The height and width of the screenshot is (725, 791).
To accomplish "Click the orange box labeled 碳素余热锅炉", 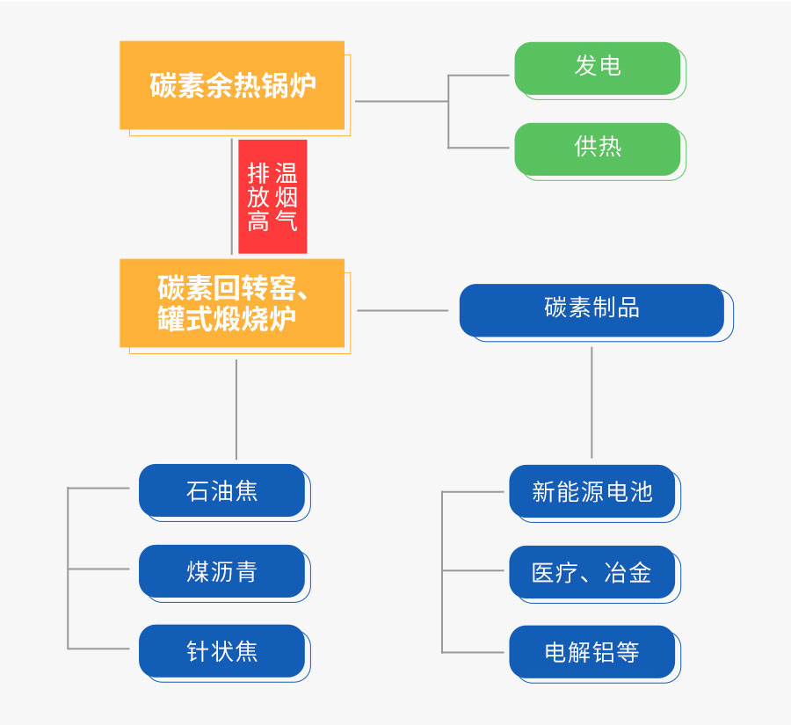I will click(232, 86).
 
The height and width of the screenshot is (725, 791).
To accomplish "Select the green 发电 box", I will click(598, 67).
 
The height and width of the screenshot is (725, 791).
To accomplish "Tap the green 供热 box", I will click(598, 148).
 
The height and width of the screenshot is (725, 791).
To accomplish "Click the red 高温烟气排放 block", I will click(272, 196).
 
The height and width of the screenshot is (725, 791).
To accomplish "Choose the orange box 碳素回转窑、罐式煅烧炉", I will click(232, 303).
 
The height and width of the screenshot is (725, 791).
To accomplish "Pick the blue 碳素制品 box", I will click(591, 309).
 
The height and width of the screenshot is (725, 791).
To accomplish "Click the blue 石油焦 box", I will click(221, 490).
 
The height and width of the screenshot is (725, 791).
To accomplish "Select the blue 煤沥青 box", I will click(221, 571).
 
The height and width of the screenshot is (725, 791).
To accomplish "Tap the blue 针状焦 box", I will click(221, 651).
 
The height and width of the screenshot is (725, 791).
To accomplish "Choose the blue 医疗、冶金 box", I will click(591, 572).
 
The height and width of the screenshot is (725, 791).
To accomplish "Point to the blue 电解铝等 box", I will click(591, 652).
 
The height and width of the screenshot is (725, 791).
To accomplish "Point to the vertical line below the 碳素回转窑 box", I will click(236, 409).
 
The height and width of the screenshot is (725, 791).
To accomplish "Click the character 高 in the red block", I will click(258, 221).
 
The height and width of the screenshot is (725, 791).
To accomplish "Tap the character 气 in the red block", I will click(287, 221).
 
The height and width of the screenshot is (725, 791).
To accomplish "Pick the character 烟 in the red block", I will click(287, 196).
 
